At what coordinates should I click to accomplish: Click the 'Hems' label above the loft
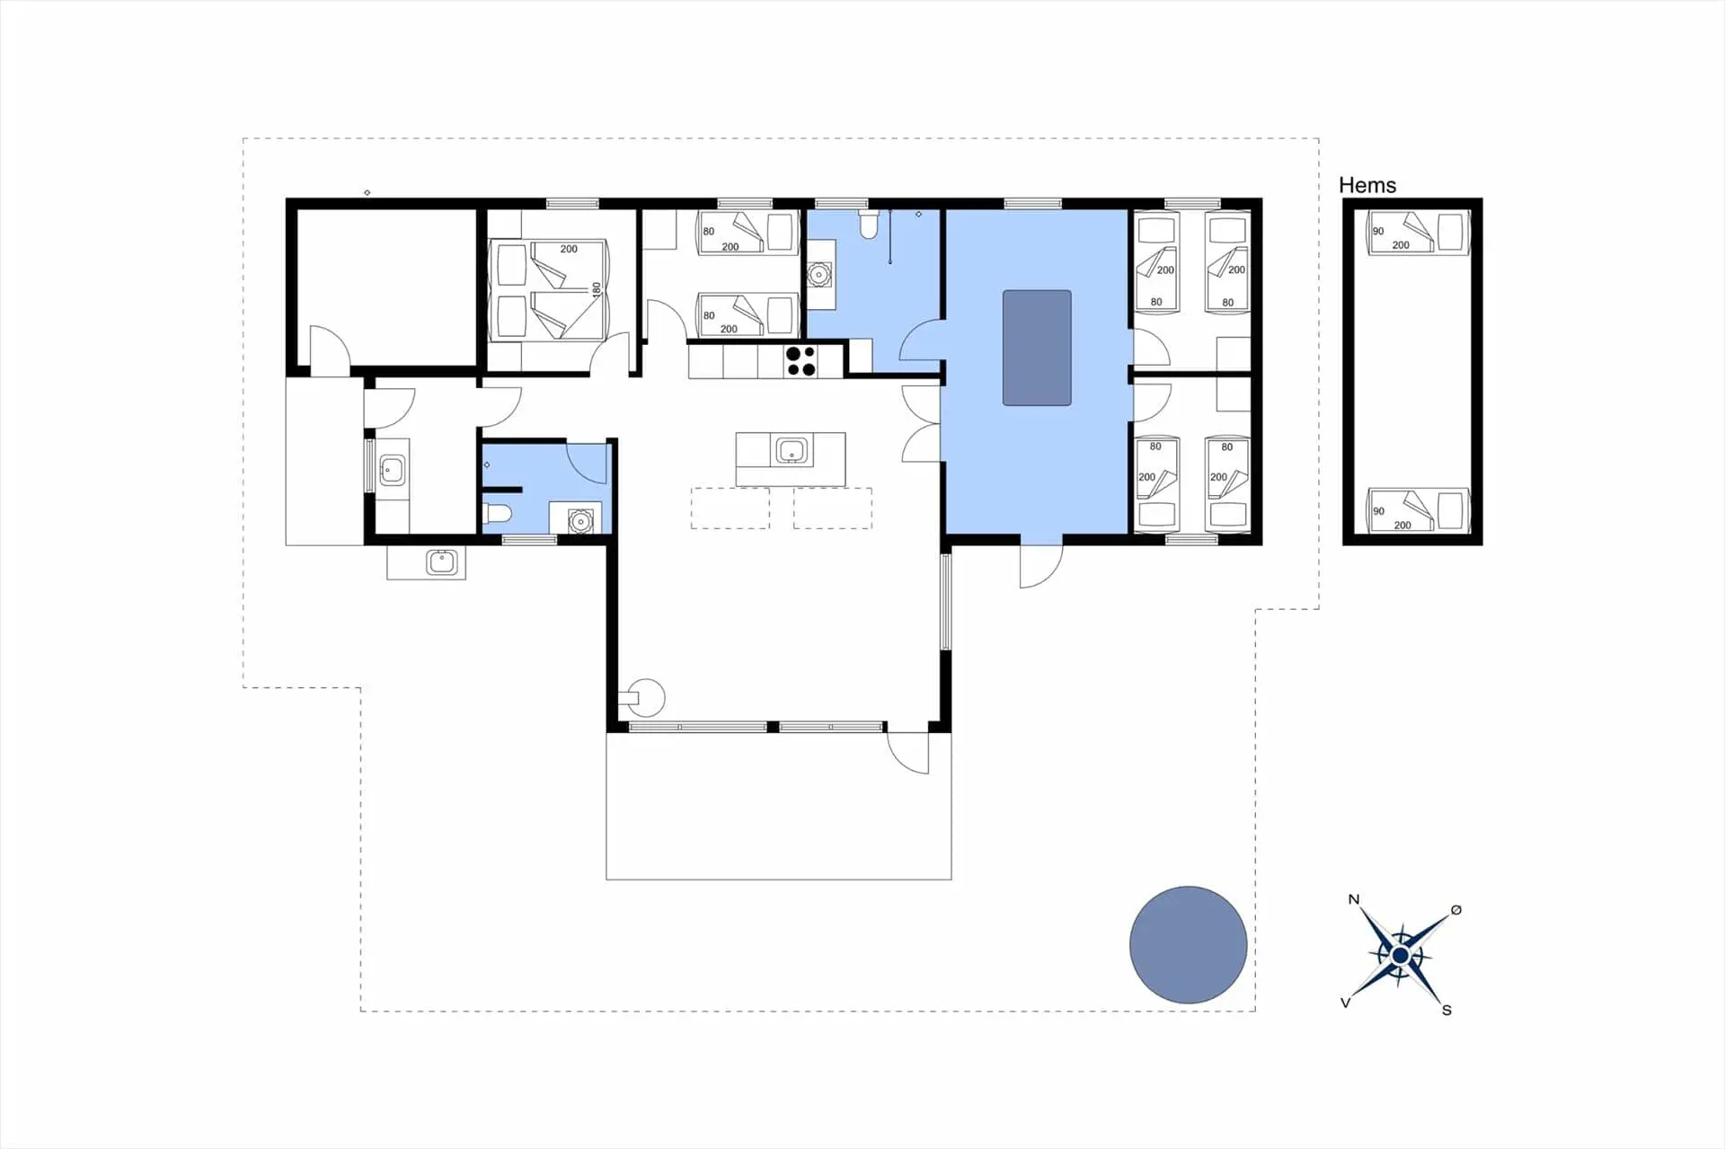(1367, 185)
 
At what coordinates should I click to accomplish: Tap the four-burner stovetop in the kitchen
(801, 361)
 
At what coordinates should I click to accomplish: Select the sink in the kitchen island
(791, 450)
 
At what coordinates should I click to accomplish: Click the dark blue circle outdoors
(1188, 944)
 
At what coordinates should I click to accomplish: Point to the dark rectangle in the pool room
(1037, 348)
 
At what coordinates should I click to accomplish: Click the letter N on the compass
(1354, 899)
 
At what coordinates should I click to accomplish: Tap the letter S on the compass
(1446, 1010)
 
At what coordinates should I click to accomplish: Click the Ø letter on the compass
(1456, 910)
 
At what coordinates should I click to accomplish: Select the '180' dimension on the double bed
(596, 289)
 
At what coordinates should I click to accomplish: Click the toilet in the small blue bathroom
(498, 514)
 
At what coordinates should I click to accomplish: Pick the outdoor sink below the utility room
(442, 562)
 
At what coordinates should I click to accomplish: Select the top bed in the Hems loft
(1418, 233)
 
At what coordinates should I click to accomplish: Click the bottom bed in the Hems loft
(1418, 511)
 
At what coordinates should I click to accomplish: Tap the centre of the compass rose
(1400, 955)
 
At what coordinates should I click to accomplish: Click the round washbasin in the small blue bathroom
(580, 520)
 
